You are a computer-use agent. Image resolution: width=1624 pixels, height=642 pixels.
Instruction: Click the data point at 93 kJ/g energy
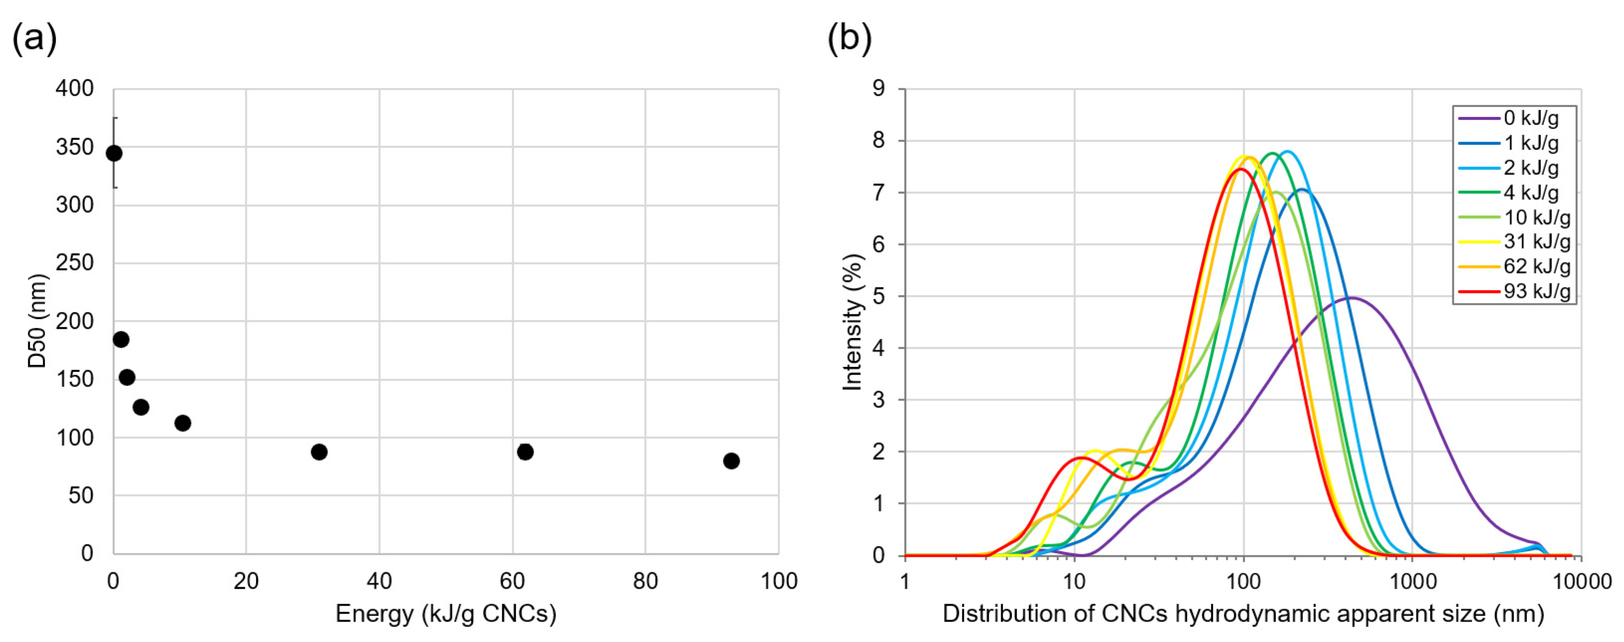tap(731, 461)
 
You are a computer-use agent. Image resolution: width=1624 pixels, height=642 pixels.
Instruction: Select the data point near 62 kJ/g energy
tap(525, 452)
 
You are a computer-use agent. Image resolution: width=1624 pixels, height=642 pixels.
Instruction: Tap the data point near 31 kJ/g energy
tap(319, 452)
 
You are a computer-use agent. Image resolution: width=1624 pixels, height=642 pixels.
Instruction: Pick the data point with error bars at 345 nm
tap(114, 153)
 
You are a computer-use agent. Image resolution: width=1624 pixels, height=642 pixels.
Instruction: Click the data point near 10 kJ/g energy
tap(183, 422)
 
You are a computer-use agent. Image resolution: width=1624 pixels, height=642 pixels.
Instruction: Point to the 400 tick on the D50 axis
tap(74, 88)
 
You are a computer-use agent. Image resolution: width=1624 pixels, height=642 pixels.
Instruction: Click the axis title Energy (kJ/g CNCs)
tap(446, 614)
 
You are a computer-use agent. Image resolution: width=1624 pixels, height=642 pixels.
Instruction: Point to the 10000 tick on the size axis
tap(1581, 581)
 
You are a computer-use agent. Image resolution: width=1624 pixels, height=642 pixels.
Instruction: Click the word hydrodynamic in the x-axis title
tap(1259, 614)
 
